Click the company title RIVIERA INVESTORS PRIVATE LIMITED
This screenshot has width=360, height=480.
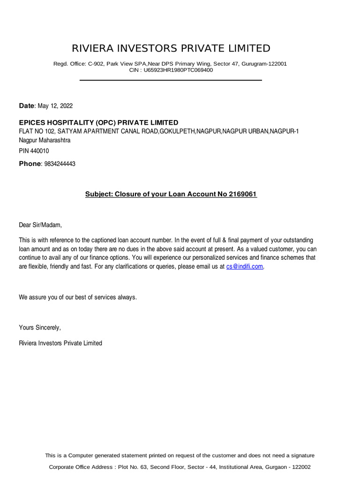[x=171, y=48]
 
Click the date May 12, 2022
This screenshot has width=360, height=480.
[x=58, y=106]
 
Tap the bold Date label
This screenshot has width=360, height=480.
[x=27, y=106]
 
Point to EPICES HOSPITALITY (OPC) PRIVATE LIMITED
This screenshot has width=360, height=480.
[x=98, y=122]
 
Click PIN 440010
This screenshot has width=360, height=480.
[x=34, y=151]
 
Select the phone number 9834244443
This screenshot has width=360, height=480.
[x=60, y=164]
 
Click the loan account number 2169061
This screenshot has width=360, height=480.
[x=243, y=194]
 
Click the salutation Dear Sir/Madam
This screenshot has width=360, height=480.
[x=40, y=225]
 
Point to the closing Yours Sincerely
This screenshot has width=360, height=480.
[x=39, y=327]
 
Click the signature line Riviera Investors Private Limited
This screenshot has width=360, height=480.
[x=60, y=343]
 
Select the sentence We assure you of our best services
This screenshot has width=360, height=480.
[x=78, y=298]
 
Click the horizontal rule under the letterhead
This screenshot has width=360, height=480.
[x=171, y=80]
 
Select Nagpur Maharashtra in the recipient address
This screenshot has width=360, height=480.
[x=45, y=140]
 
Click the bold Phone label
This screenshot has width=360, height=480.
[x=30, y=164]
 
